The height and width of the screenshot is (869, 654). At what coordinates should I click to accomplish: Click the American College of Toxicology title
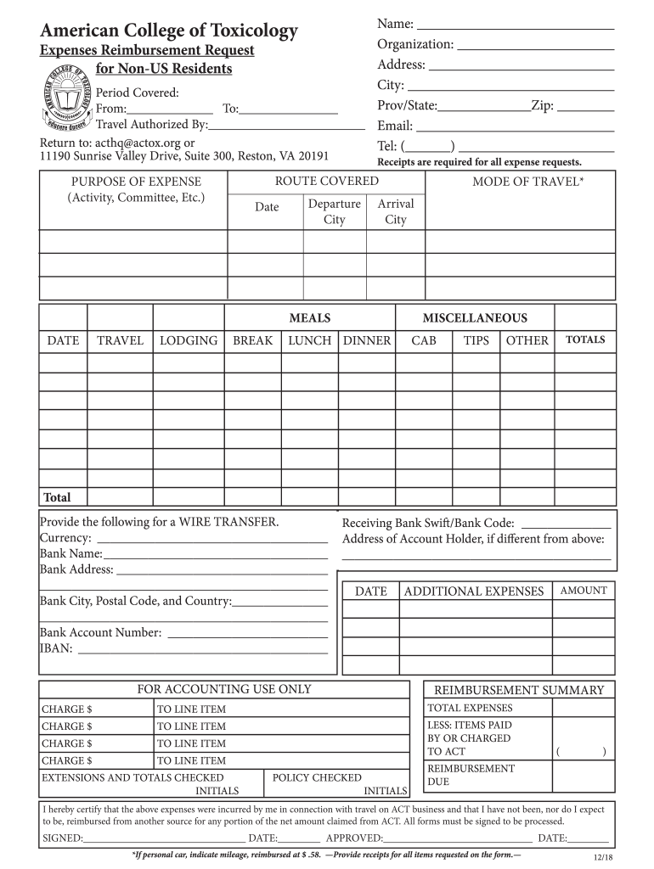click(x=169, y=31)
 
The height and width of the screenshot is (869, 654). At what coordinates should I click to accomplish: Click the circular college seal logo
click(x=64, y=101)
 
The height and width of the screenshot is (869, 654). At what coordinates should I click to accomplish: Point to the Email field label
click(x=395, y=126)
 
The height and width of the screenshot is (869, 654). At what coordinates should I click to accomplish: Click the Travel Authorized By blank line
click(x=286, y=126)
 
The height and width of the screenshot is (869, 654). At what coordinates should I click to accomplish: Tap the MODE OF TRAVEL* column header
click(x=527, y=181)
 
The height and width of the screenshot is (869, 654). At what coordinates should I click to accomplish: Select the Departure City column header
click(x=334, y=211)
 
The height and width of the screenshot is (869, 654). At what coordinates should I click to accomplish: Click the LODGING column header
click(x=189, y=340)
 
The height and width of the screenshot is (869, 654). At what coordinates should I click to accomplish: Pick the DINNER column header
click(x=366, y=340)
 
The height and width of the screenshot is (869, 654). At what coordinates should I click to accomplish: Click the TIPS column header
click(x=476, y=340)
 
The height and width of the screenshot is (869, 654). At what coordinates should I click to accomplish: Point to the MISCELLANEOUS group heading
click(x=475, y=318)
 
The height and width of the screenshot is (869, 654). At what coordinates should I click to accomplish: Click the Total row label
click(x=58, y=497)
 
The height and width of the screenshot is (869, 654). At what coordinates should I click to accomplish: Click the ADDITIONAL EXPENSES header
click(x=474, y=591)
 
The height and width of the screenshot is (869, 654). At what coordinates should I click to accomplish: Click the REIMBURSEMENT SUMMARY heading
click(x=519, y=690)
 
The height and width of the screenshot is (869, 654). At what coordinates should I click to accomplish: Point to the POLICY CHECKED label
click(x=317, y=777)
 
